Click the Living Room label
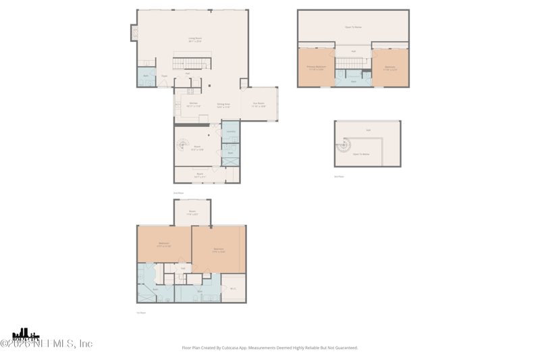(x=194, y=39)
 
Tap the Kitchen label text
(x=193, y=104)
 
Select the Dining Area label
(x=223, y=105)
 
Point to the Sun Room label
(x=259, y=105)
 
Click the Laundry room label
(x=231, y=132)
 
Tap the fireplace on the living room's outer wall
(x=134, y=32)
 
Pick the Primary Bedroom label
(x=316, y=68)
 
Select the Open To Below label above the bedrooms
(x=353, y=27)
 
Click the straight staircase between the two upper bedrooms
(x=350, y=63)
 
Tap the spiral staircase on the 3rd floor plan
(x=344, y=144)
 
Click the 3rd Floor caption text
(x=339, y=176)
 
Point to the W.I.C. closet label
(x=232, y=288)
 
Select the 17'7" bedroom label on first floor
(x=164, y=245)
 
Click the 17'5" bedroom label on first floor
(x=219, y=250)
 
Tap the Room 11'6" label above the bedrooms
(x=192, y=213)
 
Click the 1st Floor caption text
(x=141, y=313)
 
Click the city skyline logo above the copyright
(x=26, y=334)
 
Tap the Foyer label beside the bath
(x=164, y=76)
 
